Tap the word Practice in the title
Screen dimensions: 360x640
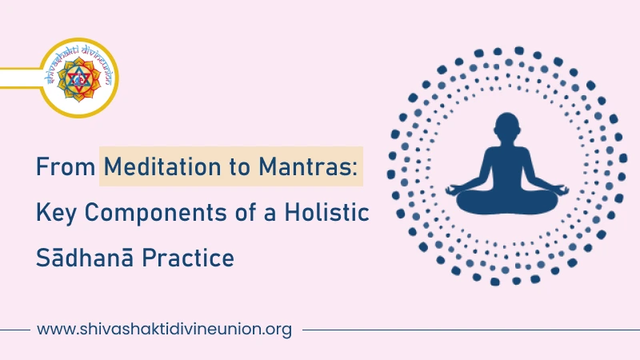[188, 259]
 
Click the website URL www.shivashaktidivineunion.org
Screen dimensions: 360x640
[164, 329]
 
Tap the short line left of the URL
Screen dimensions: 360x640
[14, 329]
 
